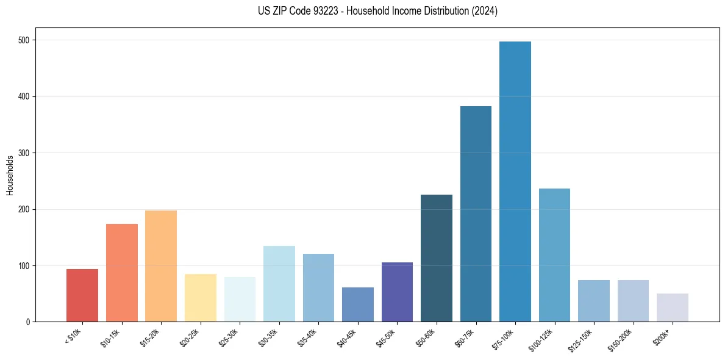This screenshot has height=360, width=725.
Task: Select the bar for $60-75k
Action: click(x=476, y=214)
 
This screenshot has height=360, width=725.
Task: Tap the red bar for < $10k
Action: click(x=82, y=295)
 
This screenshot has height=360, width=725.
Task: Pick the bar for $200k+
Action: click(x=673, y=308)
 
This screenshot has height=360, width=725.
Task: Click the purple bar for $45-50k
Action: click(x=397, y=292)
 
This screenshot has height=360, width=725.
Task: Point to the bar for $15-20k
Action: click(x=161, y=266)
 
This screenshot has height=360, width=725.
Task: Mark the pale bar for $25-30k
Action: click(x=240, y=300)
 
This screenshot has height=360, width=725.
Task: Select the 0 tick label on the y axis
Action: click(x=29, y=322)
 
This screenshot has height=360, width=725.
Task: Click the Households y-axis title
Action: click(x=10, y=175)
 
